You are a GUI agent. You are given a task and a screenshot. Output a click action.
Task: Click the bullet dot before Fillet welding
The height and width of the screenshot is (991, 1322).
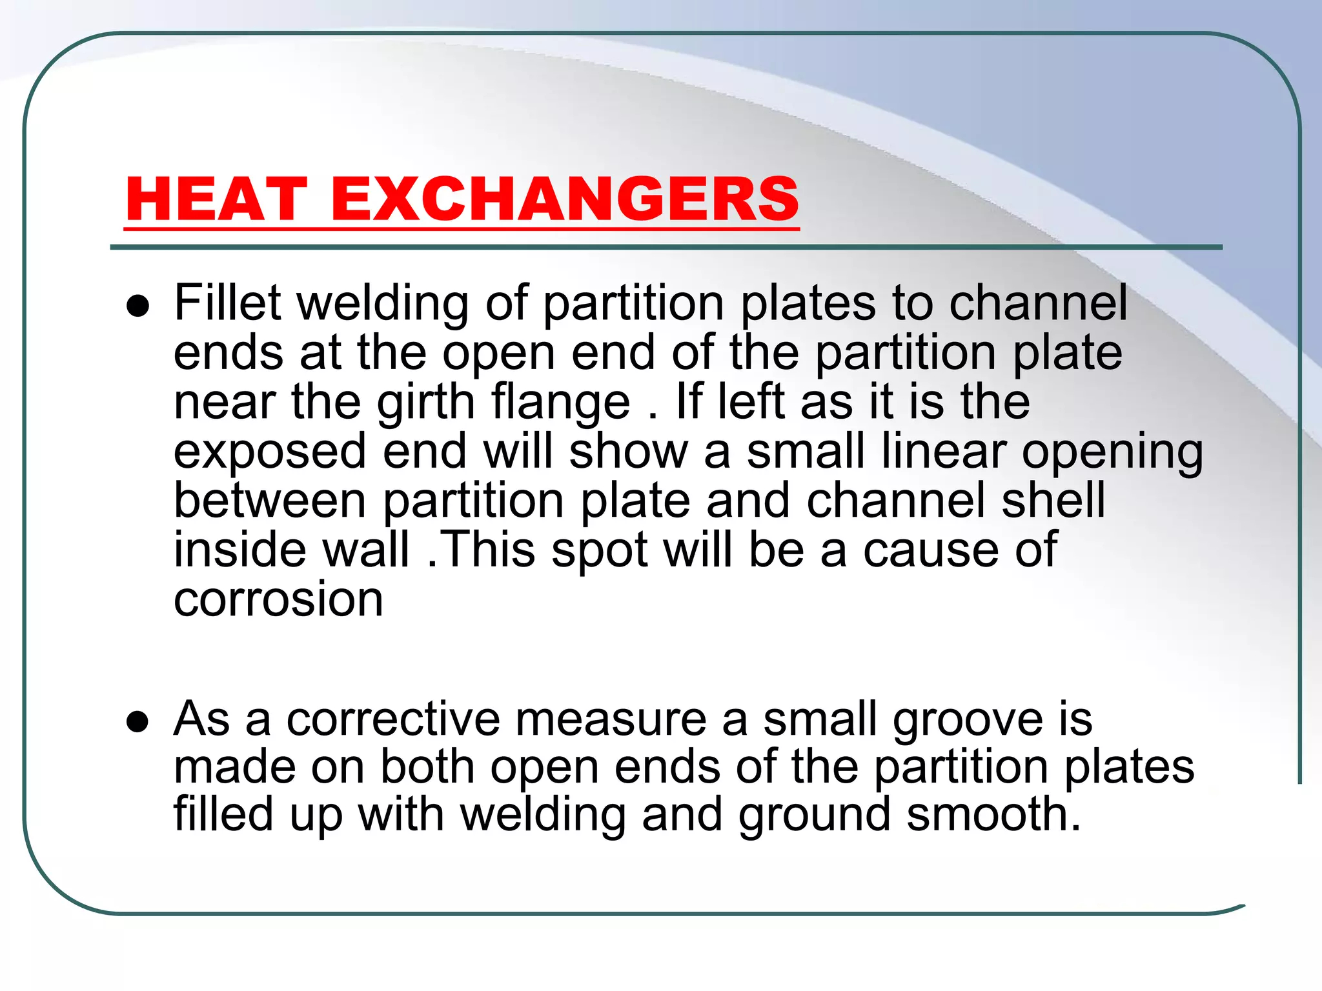(138, 306)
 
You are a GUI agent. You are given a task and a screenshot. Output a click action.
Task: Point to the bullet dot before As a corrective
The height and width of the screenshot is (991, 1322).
(138, 722)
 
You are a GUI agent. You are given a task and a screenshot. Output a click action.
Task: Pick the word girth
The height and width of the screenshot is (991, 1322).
(426, 403)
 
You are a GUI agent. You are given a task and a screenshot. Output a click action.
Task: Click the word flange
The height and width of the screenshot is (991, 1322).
(561, 403)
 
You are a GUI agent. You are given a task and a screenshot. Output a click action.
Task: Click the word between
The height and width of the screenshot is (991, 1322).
(270, 500)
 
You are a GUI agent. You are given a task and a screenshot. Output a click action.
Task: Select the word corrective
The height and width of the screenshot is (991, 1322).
(393, 719)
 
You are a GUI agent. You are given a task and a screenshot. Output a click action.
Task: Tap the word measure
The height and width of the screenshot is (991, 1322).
(611, 719)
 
